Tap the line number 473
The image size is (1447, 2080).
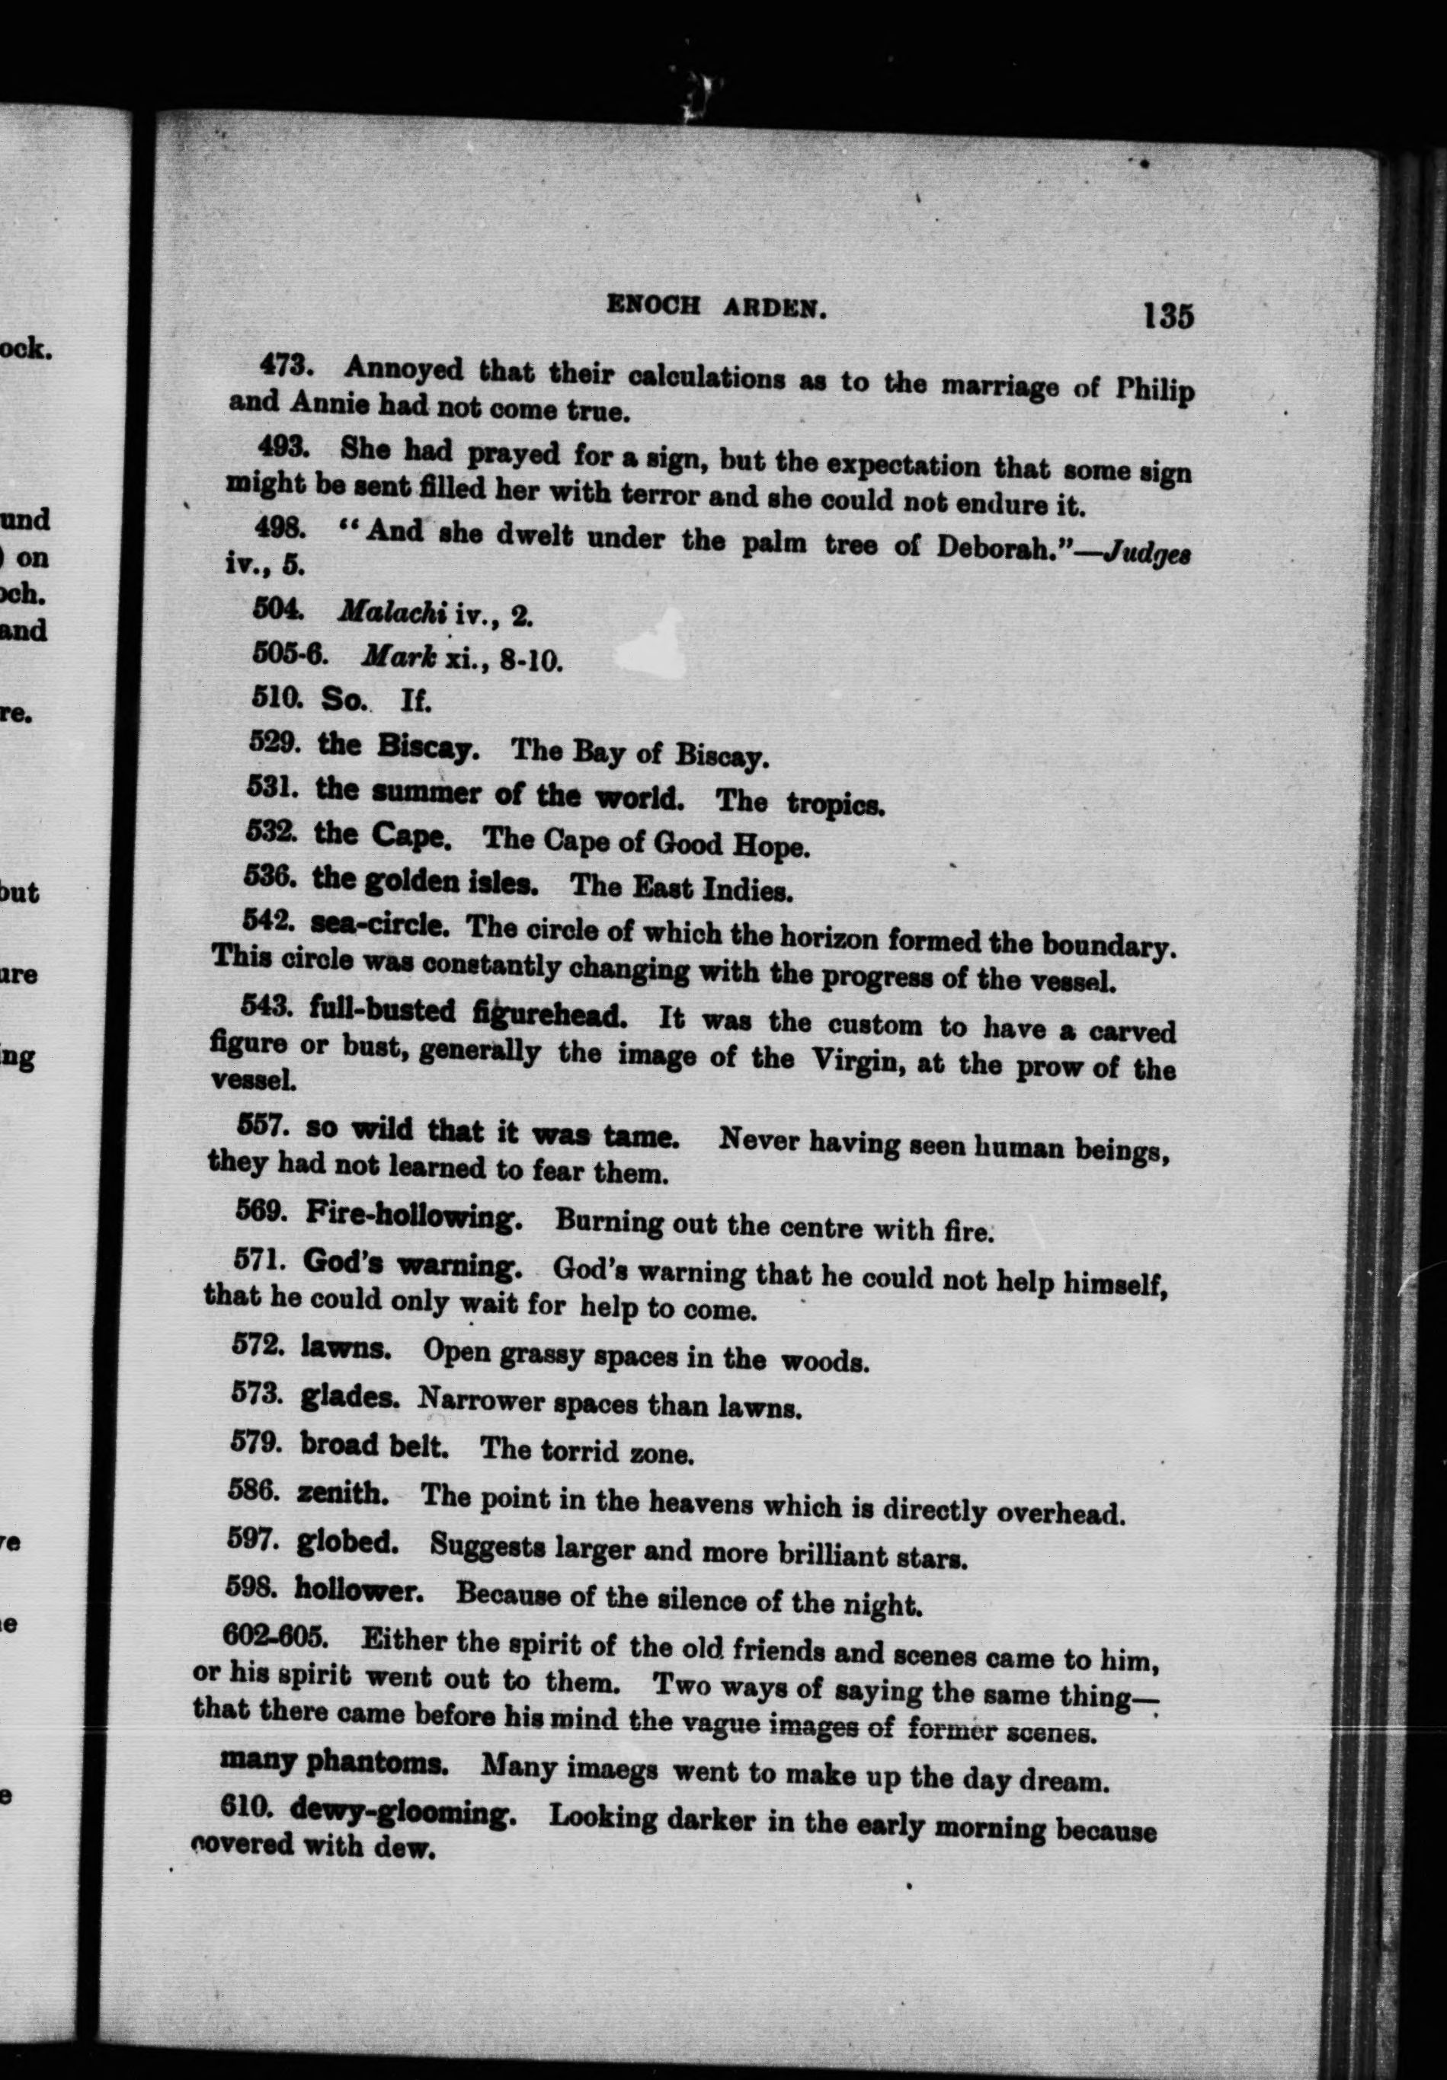click(287, 364)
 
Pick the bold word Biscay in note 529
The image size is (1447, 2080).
click(427, 748)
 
